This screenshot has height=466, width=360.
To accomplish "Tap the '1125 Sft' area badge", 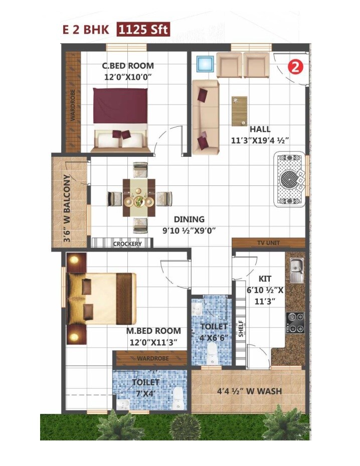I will tap(144, 30).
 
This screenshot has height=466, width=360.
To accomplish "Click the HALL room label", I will tap(260, 129).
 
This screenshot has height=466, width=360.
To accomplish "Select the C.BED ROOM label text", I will tap(128, 66).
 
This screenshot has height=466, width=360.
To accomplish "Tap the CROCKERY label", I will tap(127, 244).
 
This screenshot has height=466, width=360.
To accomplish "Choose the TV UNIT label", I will tap(268, 243).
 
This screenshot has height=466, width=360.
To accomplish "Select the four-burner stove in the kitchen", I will tap(295, 323).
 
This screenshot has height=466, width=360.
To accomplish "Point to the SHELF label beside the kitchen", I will tap(241, 329).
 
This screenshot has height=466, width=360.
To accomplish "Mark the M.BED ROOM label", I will tap(153, 331).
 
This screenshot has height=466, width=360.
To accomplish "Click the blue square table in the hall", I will tap(205, 65).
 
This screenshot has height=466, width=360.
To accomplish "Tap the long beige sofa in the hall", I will tap(206, 117).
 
